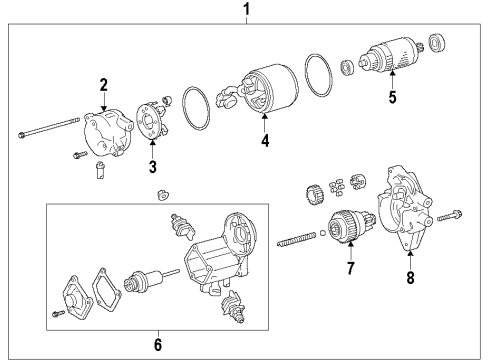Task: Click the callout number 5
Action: (392, 97)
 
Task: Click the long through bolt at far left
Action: (48, 128)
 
